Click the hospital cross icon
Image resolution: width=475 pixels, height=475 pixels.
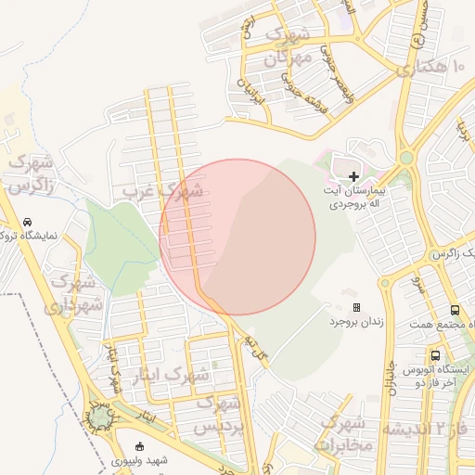[x=353, y=175]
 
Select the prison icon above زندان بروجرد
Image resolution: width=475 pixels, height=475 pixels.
[x=356, y=307]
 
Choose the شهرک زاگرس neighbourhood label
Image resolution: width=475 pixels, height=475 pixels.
[x=30, y=173]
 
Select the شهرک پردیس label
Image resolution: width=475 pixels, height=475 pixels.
[x=221, y=417]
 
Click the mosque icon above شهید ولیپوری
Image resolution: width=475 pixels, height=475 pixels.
[x=139, y=446]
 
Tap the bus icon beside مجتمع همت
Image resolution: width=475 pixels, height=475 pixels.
[x=455, y=311]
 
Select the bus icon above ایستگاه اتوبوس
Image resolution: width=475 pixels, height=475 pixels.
[x=435, y=355]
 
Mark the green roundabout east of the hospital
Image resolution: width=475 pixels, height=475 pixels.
[x=405, y=158]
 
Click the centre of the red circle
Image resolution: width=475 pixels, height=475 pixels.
[x=237, y=237]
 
